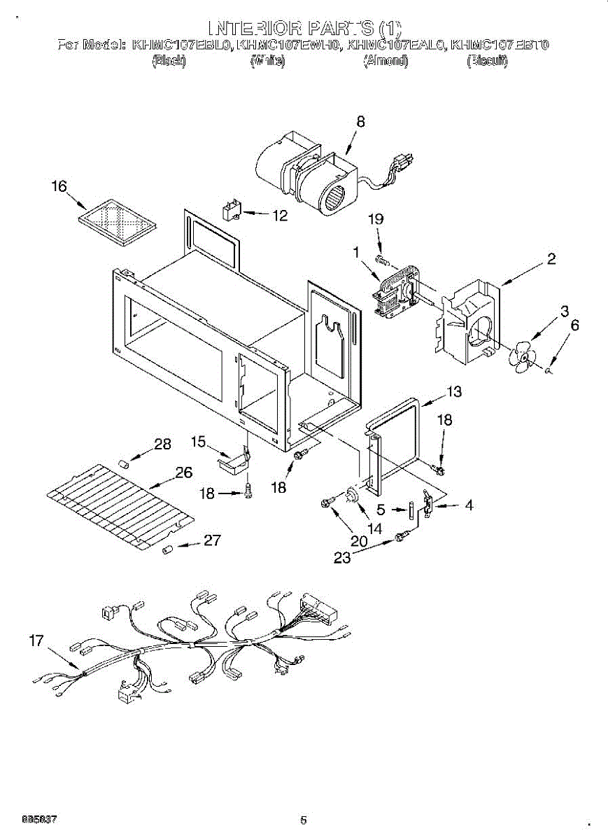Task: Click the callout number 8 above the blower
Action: [x=360, y=121]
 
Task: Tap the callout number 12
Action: [x=279, y=216]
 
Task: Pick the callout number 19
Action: [x=376, y=219]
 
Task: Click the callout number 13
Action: [x=454, y=392]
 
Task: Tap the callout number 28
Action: [x=162, y=444]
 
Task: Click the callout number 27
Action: [x=212, y=540]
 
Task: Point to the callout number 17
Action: [x=36, y=640]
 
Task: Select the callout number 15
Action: [x=199, y=441]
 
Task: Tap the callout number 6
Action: [x=575, y=325]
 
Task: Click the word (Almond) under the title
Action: [x=385, y=62]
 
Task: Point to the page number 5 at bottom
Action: [x=303, y=820]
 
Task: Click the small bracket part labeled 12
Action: [x=231, y=209]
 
